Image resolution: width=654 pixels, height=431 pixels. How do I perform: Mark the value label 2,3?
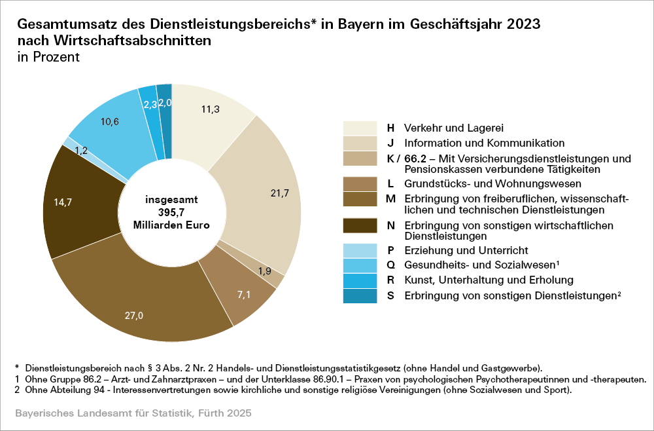(x=150, y=104)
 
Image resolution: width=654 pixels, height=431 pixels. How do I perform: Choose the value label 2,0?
(x=165, y=102)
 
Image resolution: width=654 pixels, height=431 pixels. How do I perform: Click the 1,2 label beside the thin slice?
(x=81, y=150)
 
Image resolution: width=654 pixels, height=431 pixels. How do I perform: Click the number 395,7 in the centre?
(x=172, y=212)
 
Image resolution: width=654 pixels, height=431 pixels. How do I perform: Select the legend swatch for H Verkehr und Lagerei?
(x=360, y=127)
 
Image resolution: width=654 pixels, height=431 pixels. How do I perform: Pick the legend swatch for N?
(x=360, y=225)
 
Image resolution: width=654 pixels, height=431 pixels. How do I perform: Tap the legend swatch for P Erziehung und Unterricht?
(x=360, y=250)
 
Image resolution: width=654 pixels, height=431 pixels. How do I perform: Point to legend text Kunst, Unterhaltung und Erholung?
(x=489, y=280)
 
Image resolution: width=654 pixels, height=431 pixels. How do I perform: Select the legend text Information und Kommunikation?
(x=484, y=143)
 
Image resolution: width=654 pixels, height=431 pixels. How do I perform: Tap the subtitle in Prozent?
(x=48, y=57)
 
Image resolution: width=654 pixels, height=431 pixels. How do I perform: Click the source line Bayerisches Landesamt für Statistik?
(x=132, y=414)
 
